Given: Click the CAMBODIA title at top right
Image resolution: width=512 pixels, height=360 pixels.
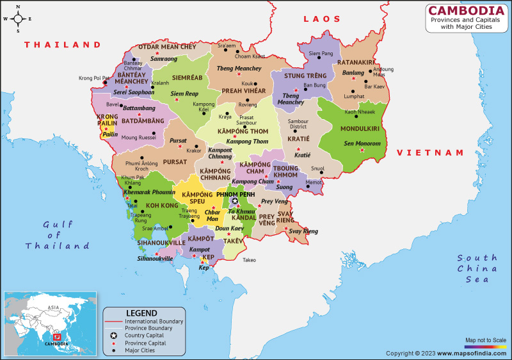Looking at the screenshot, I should [465, 10].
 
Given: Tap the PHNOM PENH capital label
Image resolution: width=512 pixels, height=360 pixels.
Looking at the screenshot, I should [236, 193].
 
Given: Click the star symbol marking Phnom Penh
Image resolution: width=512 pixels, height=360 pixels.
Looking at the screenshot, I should [235, 201].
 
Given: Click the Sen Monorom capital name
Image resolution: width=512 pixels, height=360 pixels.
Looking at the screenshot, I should [362, 143].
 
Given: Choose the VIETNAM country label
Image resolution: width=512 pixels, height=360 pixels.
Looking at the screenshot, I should [429, 152].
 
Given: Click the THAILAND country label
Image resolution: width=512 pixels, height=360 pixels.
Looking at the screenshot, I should [63, 45].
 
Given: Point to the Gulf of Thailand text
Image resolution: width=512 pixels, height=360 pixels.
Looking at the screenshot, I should [57, 235].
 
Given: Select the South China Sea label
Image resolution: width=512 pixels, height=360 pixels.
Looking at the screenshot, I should [477, 268].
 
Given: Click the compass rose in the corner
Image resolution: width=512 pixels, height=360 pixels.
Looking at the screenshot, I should [18, 19].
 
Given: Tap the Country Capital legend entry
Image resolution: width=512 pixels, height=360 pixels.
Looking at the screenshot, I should [144, 335].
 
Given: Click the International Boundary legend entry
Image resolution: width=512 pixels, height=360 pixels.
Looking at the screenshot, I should [154, 321].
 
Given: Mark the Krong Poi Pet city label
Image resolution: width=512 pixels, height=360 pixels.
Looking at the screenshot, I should [94, 78].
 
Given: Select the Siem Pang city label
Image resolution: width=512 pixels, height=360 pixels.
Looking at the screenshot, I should [321, 53].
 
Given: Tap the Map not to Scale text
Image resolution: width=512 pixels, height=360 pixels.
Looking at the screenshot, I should [484, 340].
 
